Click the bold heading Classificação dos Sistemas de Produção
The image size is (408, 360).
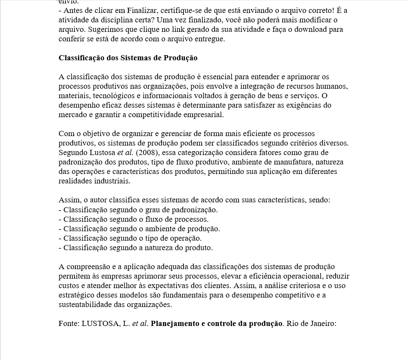click(128, 58)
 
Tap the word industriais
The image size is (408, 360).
click(113, 181)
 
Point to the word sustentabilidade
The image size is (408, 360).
click(83, 305)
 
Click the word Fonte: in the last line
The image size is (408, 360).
click(69, 324)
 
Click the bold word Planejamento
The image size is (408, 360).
click(175, 324)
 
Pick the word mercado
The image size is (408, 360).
click(72, 115)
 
